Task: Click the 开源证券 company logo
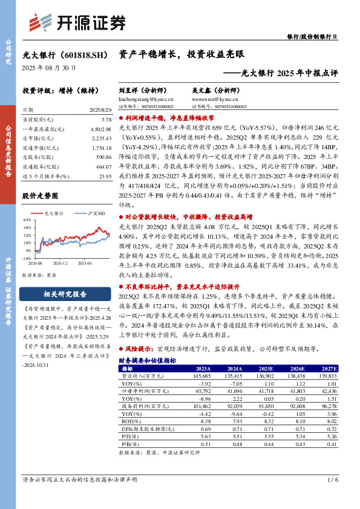[x=78, y=22]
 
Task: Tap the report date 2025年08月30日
[x=49, y=68]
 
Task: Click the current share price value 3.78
[x=106, y=121]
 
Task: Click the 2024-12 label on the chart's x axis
[x=60, y=263]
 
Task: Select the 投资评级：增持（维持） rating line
[x=60, y=91]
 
